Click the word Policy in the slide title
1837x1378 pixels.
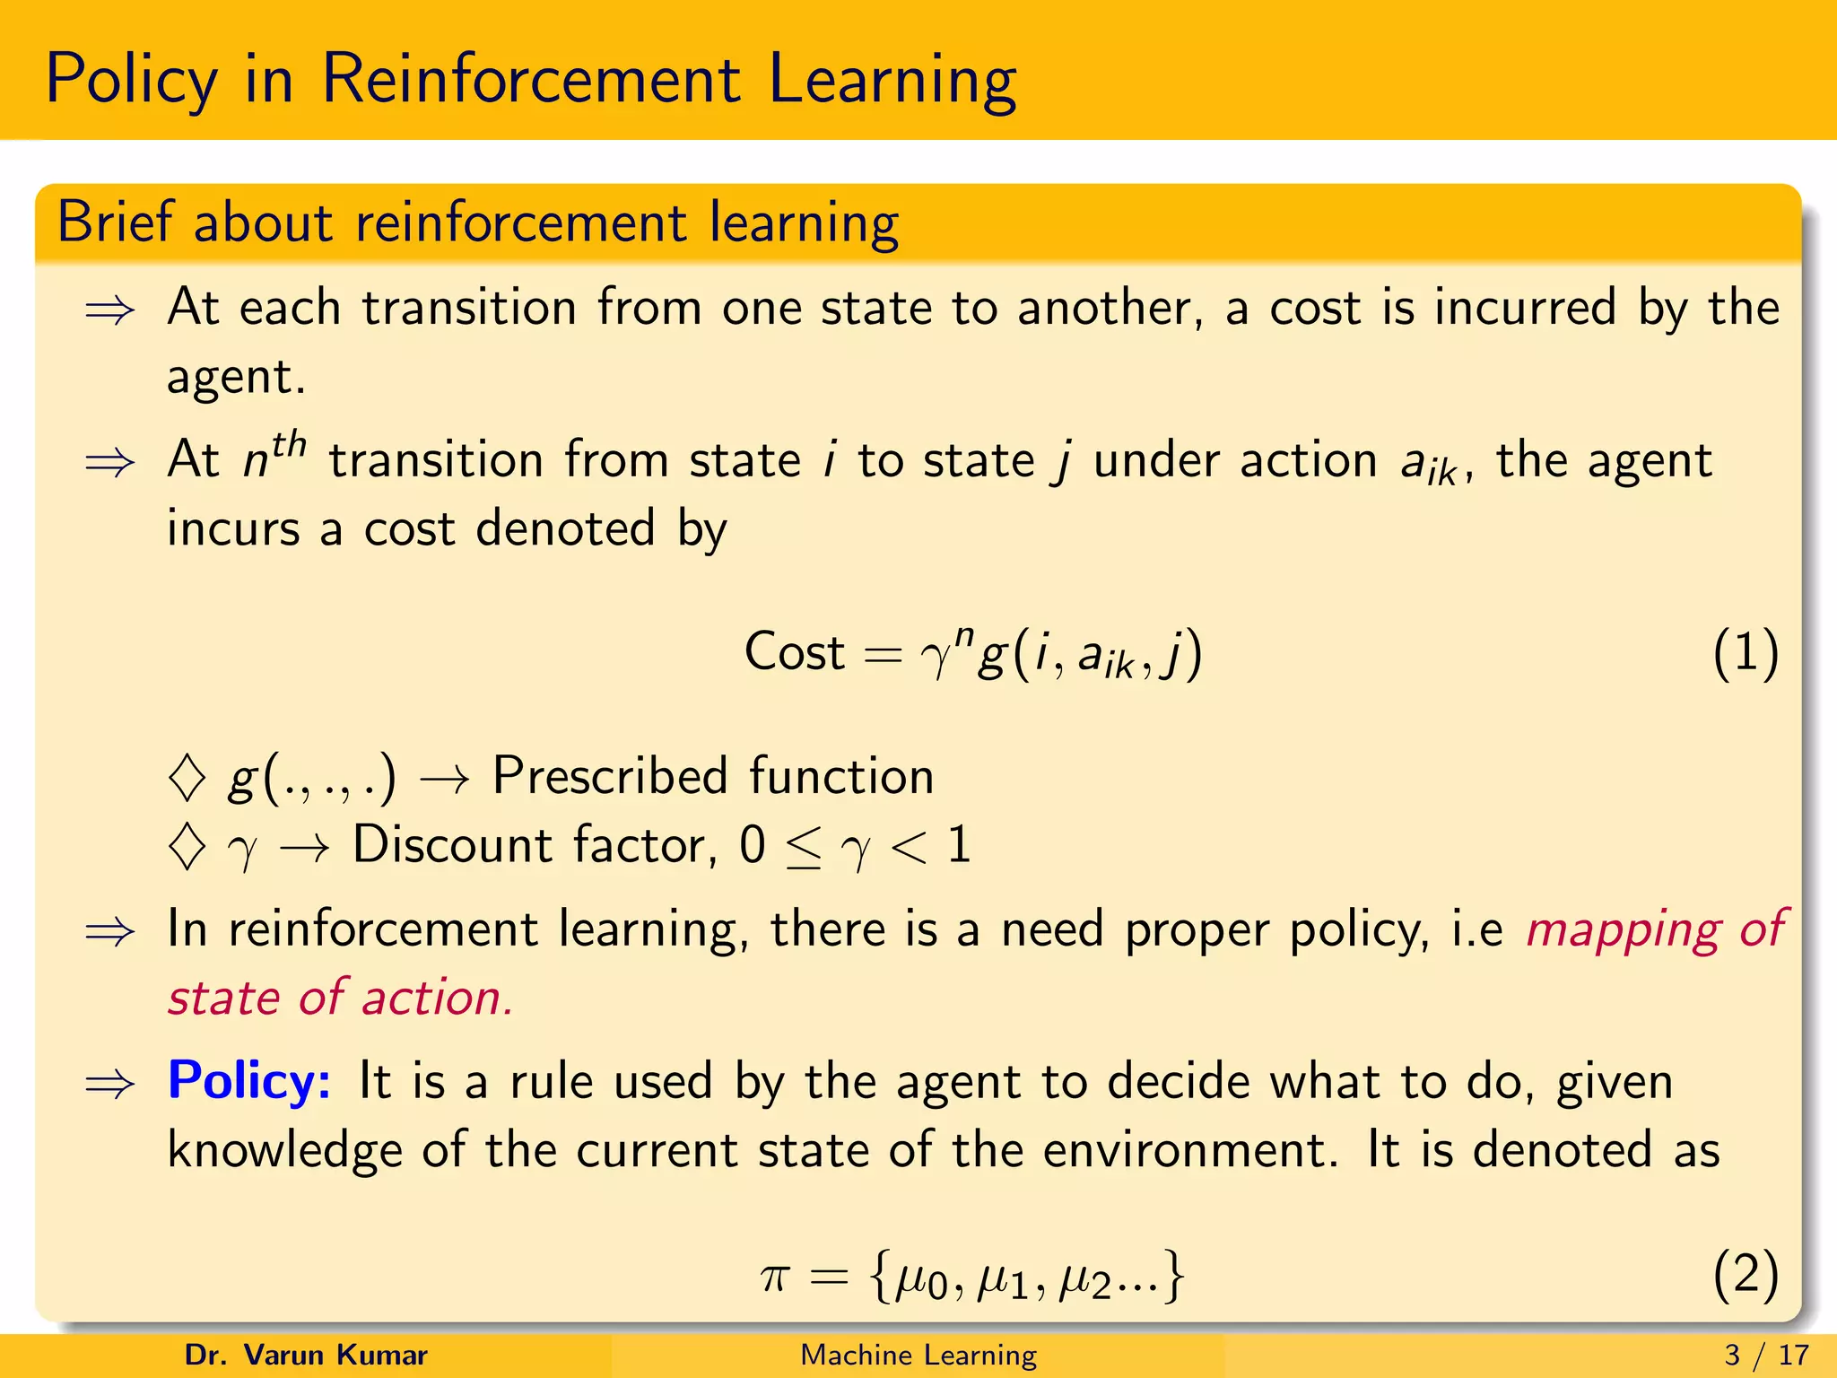[x=131, y=81]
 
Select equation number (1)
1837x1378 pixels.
[x=1745, y=652]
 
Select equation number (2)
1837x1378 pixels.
[x=1745, y=1274]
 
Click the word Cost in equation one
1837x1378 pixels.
[x=794, y=652]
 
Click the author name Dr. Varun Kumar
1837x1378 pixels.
[x=306, y=1355]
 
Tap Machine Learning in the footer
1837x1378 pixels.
[x=918, y=1355]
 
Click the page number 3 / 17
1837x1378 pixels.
[x=1766, y=1355]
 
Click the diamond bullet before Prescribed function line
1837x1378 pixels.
[x=187, y=777]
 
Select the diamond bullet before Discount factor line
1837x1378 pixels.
[x=187, y=846]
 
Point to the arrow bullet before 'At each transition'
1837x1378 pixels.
[x=109, y=311]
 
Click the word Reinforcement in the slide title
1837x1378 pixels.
[x=530, y=81]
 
